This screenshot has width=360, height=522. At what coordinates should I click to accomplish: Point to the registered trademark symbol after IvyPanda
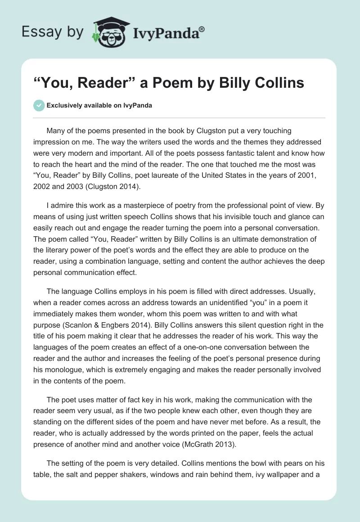coord(202,29)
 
